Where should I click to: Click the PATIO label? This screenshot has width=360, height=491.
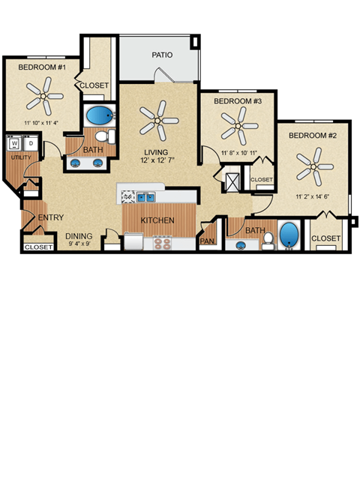pos(162,55)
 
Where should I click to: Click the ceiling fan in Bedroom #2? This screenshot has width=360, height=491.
pos(314,166)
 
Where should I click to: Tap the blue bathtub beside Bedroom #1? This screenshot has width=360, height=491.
pos(97,116)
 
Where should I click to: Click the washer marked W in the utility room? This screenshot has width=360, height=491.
pos(14,142)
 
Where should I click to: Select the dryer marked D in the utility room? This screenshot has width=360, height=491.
pos(30,142)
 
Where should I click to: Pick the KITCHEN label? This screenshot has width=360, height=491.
pos(158,221)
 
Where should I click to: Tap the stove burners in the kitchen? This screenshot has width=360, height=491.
pos(162,243)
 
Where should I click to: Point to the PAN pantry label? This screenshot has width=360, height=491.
pos(207,242)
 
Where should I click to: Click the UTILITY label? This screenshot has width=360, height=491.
pos(20,157)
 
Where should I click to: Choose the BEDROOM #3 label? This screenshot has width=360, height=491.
pos(237,101)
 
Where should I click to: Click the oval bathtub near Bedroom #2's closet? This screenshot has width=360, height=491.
pos(289,235)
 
